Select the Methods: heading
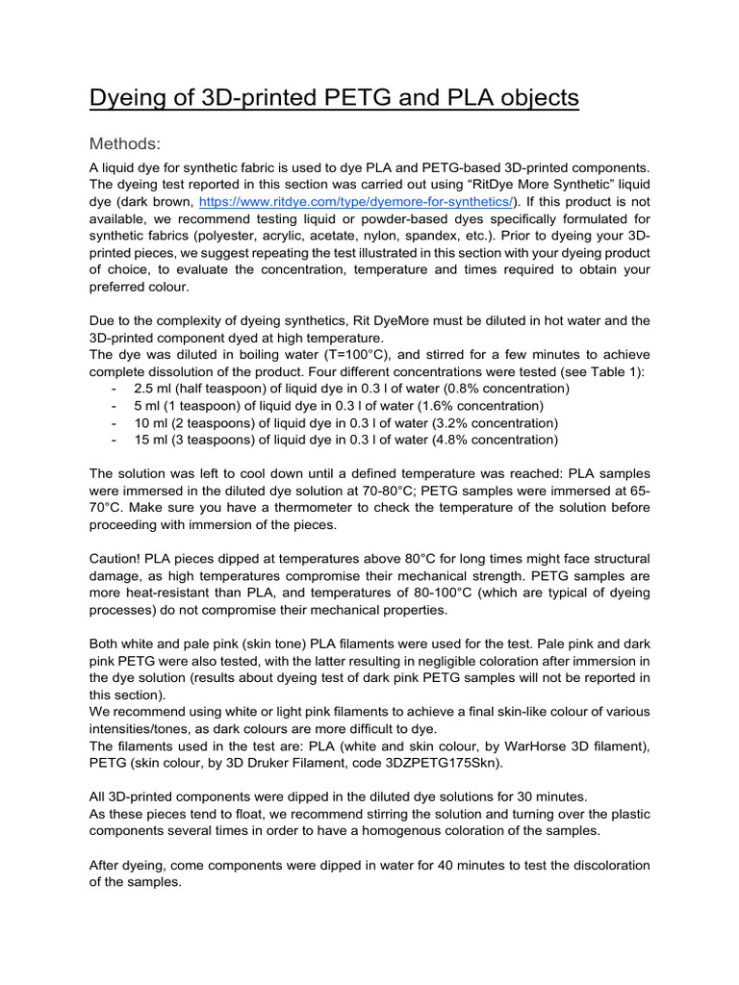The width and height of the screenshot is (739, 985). click(124, 144)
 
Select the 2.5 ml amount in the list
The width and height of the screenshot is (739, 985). click(156, 389)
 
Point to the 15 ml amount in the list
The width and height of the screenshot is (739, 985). click(154, 441)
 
